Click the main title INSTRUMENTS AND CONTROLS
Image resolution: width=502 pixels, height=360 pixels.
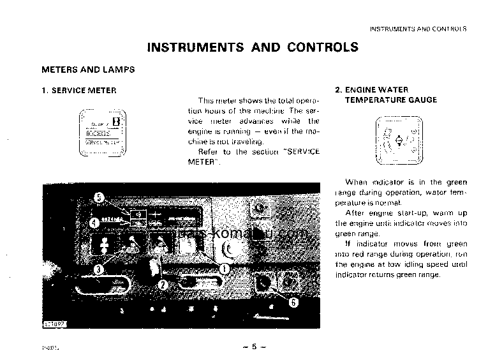click(253, 47)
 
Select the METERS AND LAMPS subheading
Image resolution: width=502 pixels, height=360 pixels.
click(88, 69)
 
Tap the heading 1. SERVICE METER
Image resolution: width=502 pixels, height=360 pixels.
click(79, 91)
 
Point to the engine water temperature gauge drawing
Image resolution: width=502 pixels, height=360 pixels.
click(398, 139)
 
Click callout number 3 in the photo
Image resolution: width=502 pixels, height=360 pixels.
click(98, 269)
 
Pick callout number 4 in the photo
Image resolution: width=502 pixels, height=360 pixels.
click(92, 223)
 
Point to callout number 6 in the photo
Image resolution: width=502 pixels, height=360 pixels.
click(293, 303)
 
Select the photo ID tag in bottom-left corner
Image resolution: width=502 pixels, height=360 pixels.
click(55, 324)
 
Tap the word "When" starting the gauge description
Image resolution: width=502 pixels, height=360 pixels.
click(357, 182)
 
